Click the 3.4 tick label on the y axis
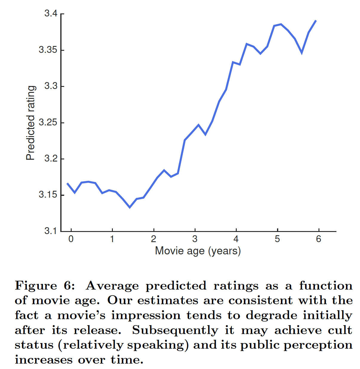pyautogui.click(x=50, y=13)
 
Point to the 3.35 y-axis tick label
pyautogui.click(x=48, y=50)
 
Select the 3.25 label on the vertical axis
pyautogui.click(x=48, y=122)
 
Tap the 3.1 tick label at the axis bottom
pyautogui.click(x=50, y=231)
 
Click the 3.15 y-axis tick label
pyautogui.click(x=48, y=195)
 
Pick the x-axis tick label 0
pyautogui.click(x=71, y=239)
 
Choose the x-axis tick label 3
pyautogui.click(x=195, y=239)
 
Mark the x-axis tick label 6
pyautogui.click(x=319, y=239)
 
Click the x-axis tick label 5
pyautogui.click(x=277, y=239)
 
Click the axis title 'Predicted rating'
pyautogui.click(x=31, y=123)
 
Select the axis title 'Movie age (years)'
pyautogui.click(x=198, y=251)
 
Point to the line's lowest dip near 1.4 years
pyautogui.click(x=130, y=207)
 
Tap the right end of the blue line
pyautogui.click(x=316, y=21)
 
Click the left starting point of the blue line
pyautogui.click(x=67, y=183)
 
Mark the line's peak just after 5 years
pyautogui.click(x=281, y=24)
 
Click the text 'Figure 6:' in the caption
pyautogui.click(x=45, y=286)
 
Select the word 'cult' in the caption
pyautogui.click(x=340, y=330)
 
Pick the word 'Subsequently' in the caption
pyautogui.click(x=175, y=330)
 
